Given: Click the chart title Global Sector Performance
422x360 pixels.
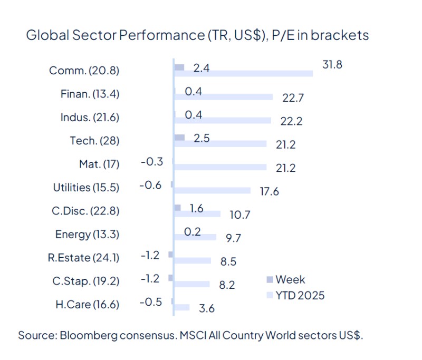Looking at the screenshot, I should coord(197,35).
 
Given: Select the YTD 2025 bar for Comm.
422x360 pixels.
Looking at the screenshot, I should coord(243,73).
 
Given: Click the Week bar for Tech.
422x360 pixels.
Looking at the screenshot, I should coord(179,137).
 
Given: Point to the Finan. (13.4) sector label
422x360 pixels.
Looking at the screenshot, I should coord(90,94).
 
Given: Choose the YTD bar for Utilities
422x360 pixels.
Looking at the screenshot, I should coord(212,190).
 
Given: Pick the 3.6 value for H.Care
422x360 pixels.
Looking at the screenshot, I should coord(206,309).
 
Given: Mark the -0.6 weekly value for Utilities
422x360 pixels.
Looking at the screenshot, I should coord(150,185).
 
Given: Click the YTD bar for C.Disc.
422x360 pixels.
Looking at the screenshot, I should coord(197,213).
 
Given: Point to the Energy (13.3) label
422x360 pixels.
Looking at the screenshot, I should coord(87,234).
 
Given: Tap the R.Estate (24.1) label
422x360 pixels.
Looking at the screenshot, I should coord(83,258).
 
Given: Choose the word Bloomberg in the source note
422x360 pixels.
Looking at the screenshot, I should coord(88,335).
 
